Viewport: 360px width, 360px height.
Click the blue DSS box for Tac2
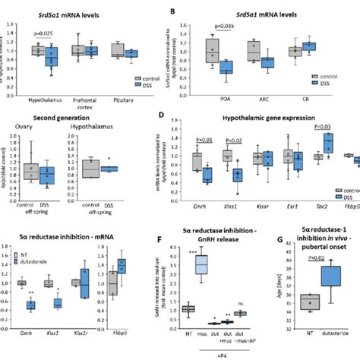pyautogui.click(x=307, y=143)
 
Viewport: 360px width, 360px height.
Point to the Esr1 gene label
pyautogui.click(x=286, y=192)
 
